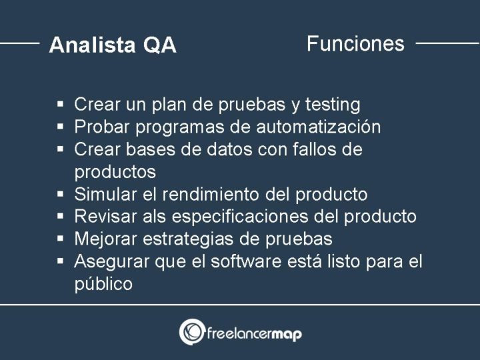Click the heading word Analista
[x=91, y=45]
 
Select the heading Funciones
[x=355, y=44]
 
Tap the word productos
[x=115, y=172]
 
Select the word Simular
[x=105, y=195]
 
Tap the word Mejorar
[x=106, y=239]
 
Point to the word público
[x=103, y=284]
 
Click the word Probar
[x=102, y=127]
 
